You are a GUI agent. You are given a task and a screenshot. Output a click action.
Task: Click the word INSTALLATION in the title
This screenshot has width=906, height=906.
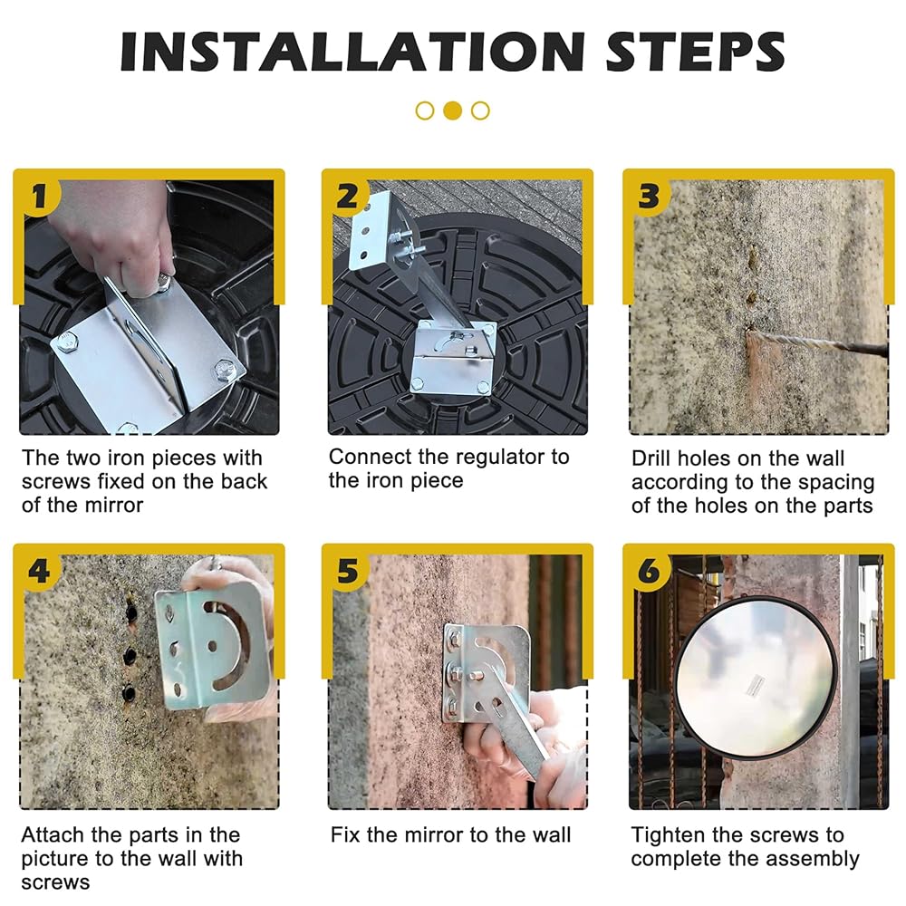pos(352,52)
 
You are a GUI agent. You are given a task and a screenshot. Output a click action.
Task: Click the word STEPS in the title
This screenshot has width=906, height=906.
pos(695,52)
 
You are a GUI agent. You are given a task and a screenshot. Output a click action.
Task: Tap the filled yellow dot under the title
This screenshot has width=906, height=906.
pos(452,111)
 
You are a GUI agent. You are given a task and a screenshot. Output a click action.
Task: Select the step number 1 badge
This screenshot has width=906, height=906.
pos(38,197)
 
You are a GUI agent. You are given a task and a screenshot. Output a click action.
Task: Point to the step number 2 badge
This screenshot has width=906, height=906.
pos(348,197)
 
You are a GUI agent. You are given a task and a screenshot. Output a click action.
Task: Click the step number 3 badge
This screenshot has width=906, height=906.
pos(650,197)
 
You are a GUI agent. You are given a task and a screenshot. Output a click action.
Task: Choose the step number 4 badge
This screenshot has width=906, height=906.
pos(38,572)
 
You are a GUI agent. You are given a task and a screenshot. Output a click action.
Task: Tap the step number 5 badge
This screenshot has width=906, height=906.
pos(348,572)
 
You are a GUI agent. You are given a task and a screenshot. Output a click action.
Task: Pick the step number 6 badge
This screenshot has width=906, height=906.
pos(650,572)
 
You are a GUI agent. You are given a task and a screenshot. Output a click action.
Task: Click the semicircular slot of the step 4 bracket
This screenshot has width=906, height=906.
pos(228,642)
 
